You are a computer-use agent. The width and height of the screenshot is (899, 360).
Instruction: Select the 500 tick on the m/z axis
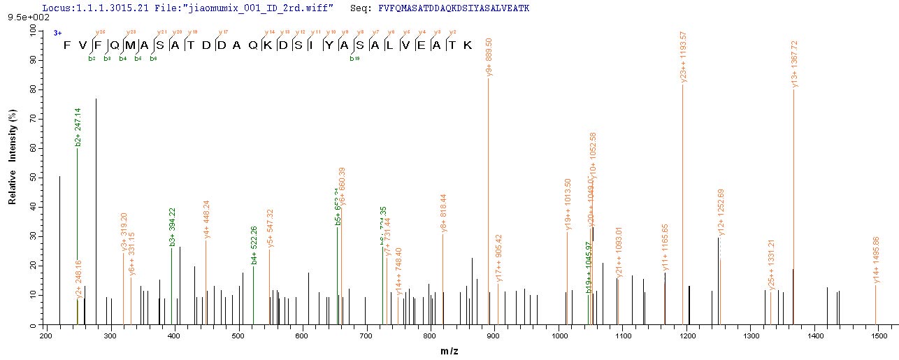point(238,336)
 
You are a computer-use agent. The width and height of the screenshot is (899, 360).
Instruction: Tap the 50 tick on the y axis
point(33,179)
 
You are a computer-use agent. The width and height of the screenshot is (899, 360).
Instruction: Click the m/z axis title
point(469,350)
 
